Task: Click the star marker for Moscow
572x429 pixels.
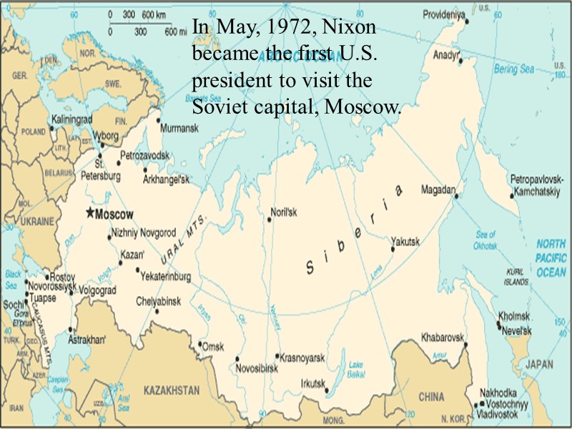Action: tap(89, 212)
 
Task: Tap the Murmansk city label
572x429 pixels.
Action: tap(178, 129)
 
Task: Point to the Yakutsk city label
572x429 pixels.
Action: tap(405, 242)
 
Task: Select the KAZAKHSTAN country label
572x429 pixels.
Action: tap(171, 390)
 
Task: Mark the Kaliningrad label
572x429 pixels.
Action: tap(71, 120)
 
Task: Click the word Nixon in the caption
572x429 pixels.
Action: tap(350, 29)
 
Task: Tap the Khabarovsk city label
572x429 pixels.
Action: tap(443, 336)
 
